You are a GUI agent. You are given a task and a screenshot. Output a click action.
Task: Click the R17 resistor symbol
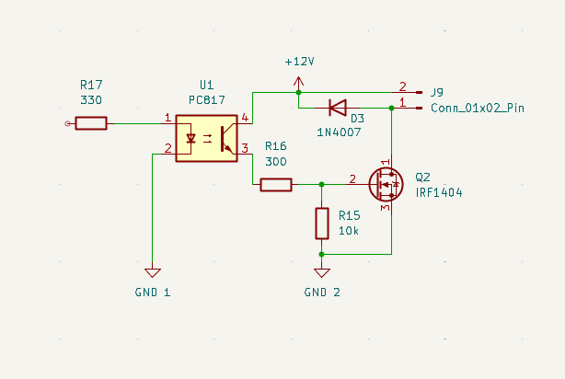click(91, 123)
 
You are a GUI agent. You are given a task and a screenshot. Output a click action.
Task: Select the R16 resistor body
click(276, 185)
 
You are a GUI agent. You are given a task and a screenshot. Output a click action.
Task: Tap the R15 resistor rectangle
click(322, 224)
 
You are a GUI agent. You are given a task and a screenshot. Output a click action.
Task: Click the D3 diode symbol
click(338, 108)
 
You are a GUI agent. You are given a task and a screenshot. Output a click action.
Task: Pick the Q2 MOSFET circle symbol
click(386, 185)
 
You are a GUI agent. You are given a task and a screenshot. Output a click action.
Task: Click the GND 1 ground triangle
click(153, 272)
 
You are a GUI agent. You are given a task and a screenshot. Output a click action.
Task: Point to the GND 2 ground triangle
click(322, 272)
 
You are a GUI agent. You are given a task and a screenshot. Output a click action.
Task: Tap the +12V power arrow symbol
click(298, 82)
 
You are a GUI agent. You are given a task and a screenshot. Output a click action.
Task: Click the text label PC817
click(207, 99)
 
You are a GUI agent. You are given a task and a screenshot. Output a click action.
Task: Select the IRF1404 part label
click(439, 193)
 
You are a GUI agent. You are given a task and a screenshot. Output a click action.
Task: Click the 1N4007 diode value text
click(339, 132)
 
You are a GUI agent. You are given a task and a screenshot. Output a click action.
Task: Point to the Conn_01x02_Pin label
click(478, 108)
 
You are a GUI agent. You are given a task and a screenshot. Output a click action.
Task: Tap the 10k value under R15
click(349, 231)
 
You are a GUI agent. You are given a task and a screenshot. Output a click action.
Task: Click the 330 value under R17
click(91, 99)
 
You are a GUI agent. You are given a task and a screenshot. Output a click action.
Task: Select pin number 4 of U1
click(245, 118)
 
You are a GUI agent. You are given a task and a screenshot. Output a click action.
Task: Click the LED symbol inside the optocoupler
click(190, 138)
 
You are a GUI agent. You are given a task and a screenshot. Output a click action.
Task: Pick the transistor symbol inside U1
click(227, 139)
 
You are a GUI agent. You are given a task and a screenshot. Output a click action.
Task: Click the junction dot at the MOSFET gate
click(322, 185)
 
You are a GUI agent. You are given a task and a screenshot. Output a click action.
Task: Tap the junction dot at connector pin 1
click(392, 108)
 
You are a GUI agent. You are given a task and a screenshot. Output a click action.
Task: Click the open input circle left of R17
click(67, 123)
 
